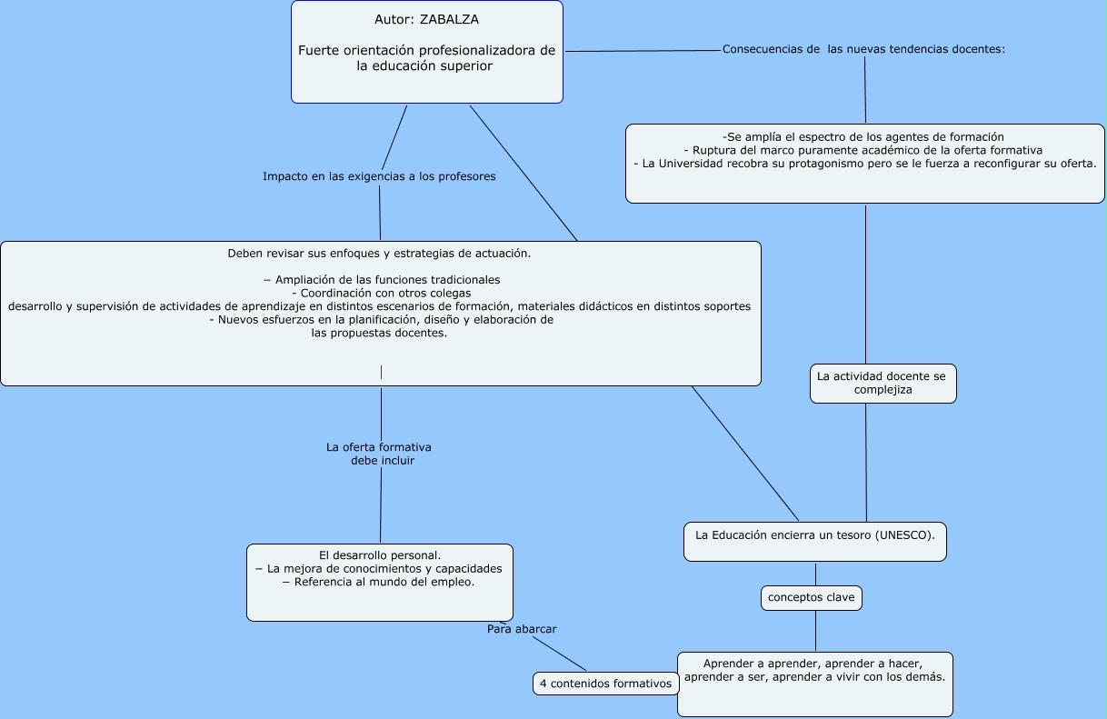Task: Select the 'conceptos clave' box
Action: click(811, 598)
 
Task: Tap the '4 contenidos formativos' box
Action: click(605, 684)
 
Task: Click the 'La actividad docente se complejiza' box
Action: click(882, 383)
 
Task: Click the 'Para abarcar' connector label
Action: click(522, 629)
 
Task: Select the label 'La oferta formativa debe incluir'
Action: click(379, 454)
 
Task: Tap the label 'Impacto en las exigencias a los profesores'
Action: click(379, 176)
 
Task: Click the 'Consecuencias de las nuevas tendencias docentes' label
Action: click(863, 49)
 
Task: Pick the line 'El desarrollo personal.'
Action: click(380, 554)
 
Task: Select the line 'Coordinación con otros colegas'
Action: click(381, 294)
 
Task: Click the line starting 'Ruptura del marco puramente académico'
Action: click(863, 150)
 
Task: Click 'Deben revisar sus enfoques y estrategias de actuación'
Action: click(379, 254)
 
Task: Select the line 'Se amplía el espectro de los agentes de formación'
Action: click(863, 136)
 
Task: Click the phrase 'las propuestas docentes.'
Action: click(379, 333)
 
